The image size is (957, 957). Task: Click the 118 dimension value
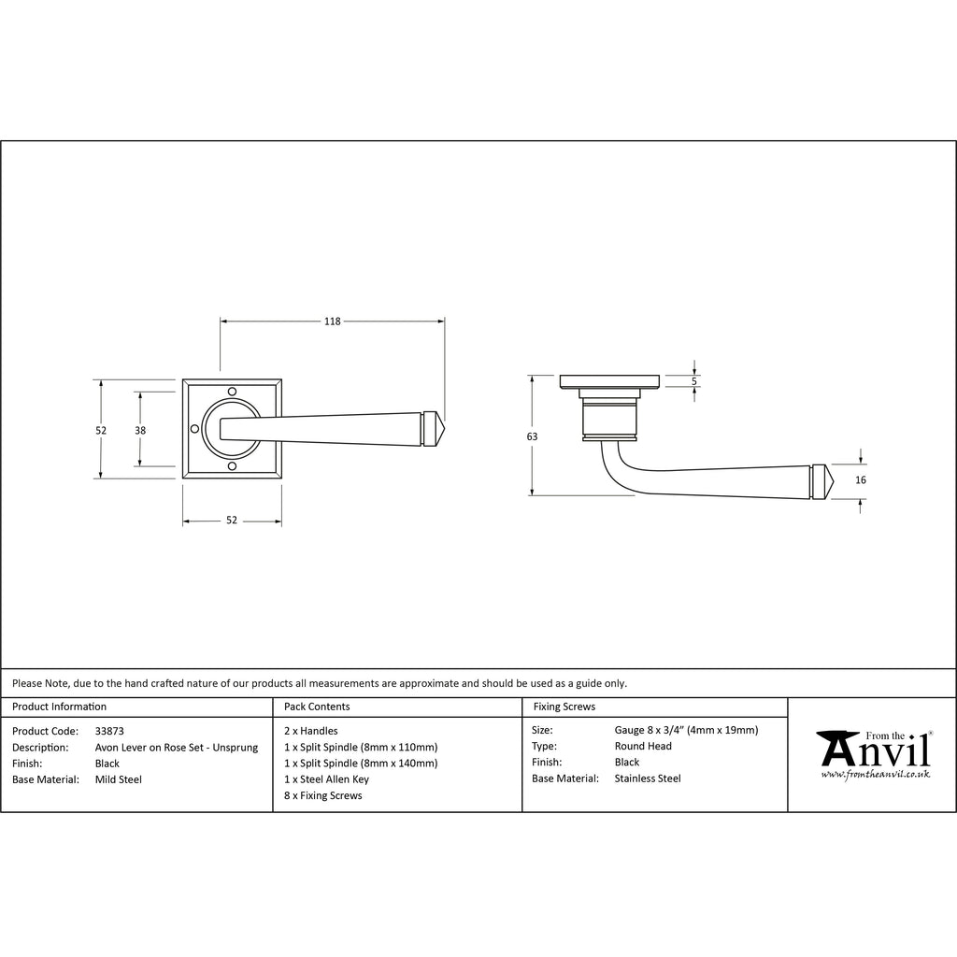pyautogui.click(x=332, y=321)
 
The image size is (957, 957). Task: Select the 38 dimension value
pyautogui.click(x=140, y=430)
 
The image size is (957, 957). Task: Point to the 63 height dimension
pyautogui.click(x=532, y=436)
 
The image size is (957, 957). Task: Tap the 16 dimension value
pyautogui.click(x=861, y=479)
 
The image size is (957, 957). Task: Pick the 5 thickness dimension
pyautogui.click(x=694, y=381)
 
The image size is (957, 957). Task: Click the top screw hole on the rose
pyautogui.click(x=232, y=392)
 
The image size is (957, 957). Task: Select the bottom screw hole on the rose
pyautogui.click(x=232, y=467)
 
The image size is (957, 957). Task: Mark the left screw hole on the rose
pyautogui.click(x=194, y=429)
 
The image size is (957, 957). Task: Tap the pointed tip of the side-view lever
pyautogui.click(x=833, y=482)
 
